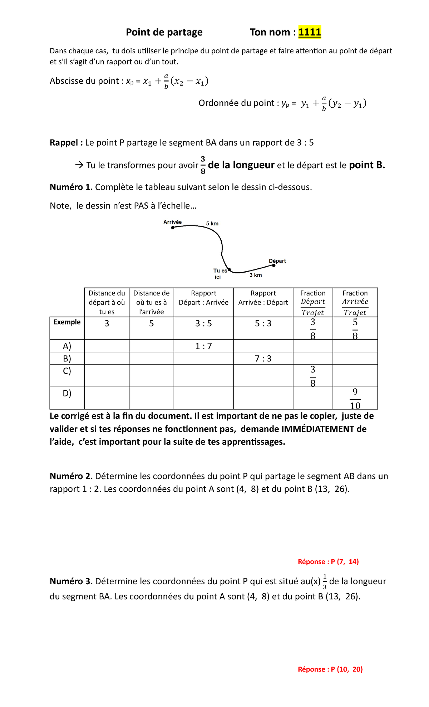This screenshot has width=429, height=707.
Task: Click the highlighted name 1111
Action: click(310, 32)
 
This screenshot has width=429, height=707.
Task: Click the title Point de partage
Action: click(164, 32)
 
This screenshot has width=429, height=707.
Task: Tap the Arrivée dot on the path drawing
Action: click(173, 228)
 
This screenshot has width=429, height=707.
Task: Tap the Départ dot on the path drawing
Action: click(274, 265)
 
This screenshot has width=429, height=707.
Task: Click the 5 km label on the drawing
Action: click(212, 224)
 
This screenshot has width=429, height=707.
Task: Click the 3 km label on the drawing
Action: click(256, 275)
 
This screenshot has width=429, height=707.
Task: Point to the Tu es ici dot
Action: click(229, 269)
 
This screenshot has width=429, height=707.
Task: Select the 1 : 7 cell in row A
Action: click(203, 346)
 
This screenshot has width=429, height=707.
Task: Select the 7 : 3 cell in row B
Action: click(263, 359)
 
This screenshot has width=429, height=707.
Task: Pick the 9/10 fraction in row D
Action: click(355, 399)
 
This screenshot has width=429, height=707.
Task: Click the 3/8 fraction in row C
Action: click(313, 376)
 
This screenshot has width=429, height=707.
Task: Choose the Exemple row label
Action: click(67, 322)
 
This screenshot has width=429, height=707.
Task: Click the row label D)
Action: click(67, 394)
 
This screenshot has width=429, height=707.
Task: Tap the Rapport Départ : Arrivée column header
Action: click(203, 298)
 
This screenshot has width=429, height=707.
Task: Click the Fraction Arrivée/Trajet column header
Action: click(355, 302)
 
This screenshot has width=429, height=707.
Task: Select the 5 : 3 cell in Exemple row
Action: click(263, 323)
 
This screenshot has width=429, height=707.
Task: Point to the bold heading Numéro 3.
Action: click(71, 581)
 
